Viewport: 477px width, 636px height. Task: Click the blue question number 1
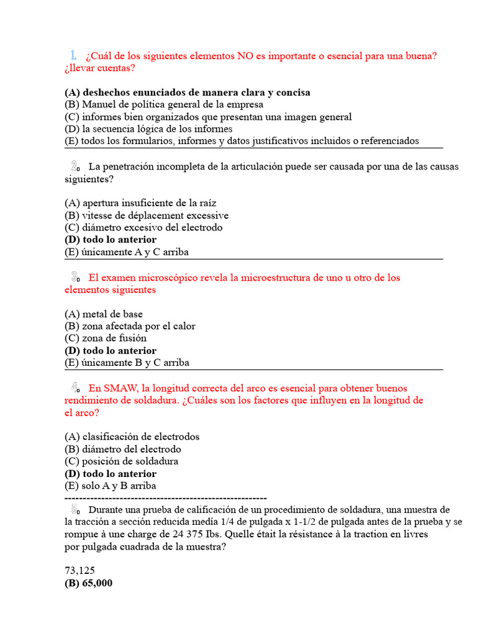tap(73, 55)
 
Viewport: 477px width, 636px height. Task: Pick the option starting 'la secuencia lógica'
tap(148, 129)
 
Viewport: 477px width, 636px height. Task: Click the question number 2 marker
tap(75, 166)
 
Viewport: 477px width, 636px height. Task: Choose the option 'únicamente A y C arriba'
tap(127, 252)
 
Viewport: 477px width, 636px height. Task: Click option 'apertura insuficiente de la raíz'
tap(140, 203)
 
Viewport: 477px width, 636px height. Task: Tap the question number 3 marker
tap(75, 278)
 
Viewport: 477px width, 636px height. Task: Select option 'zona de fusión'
tap(106, 338)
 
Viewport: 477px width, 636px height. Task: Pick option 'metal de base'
tap(104, 314)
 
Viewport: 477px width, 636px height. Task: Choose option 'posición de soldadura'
tap(121, 461)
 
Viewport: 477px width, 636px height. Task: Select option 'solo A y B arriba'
tap(111, 486)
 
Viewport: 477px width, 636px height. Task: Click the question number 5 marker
tap(75, 509)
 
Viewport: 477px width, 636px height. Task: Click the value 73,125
tap(79, 571)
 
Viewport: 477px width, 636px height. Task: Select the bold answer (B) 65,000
tap(88, 583)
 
